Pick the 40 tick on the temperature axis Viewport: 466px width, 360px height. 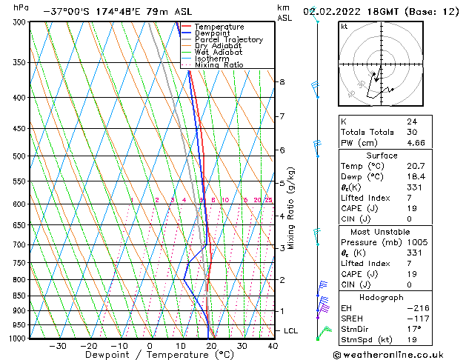click(273, 345)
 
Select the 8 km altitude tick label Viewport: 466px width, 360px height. click(282, 81)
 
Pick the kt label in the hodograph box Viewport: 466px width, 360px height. click(344, 27)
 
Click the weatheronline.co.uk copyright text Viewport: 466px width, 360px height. click(398, 354)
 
